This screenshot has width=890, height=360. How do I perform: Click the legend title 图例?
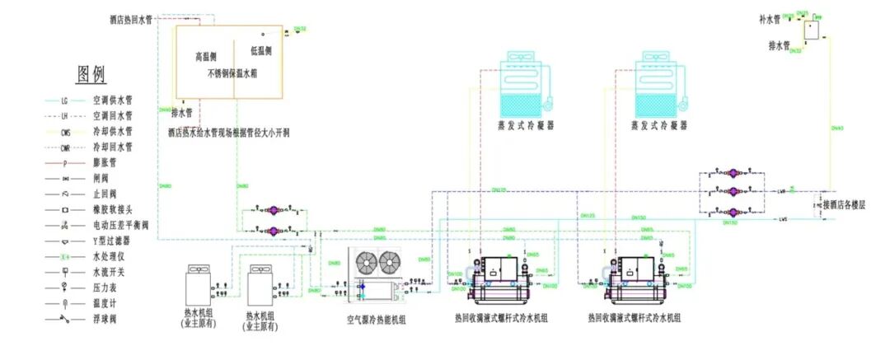(x=91, y=75)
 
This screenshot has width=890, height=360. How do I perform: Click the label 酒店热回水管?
(x=130, y=17)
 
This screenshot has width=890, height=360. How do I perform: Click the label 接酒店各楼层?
(x=844, y=203)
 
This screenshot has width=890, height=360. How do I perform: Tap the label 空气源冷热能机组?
(x=376, y=320)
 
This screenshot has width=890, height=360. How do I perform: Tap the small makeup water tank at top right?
(x=813, y=30)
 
